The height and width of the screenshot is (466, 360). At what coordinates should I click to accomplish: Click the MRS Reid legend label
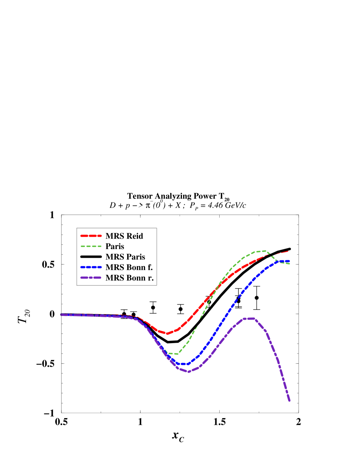tap(124, 236)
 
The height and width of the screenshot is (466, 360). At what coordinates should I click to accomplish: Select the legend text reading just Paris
tap(115, 246)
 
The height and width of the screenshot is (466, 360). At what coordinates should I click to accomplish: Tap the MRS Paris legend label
tap(125, 257)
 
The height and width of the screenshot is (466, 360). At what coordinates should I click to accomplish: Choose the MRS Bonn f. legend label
tap(129, 267)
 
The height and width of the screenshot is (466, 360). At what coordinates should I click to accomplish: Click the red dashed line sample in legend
tap(91, 236)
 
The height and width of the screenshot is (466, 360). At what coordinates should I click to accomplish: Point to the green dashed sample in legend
tap(91, 246)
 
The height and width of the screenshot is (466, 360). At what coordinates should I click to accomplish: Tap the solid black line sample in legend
tap(91, 257)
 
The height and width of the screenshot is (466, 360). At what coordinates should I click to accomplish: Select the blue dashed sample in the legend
tap(91, 267)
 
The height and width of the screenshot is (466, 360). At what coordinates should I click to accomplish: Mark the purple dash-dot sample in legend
tap(91, 278)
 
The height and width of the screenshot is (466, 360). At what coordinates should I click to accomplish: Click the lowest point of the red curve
tap(167, 333)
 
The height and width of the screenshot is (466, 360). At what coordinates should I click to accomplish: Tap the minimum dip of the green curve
tap(175, 354)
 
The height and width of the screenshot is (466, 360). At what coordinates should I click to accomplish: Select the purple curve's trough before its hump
tap(189, 372)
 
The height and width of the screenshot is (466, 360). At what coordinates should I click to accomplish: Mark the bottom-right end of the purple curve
tap(290, 401)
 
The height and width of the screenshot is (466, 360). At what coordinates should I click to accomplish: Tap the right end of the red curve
tap(288, 251)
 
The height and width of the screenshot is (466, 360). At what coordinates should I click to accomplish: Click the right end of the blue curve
tap(288, 261)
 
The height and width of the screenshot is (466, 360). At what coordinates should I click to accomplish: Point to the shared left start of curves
tap(61, 315)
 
